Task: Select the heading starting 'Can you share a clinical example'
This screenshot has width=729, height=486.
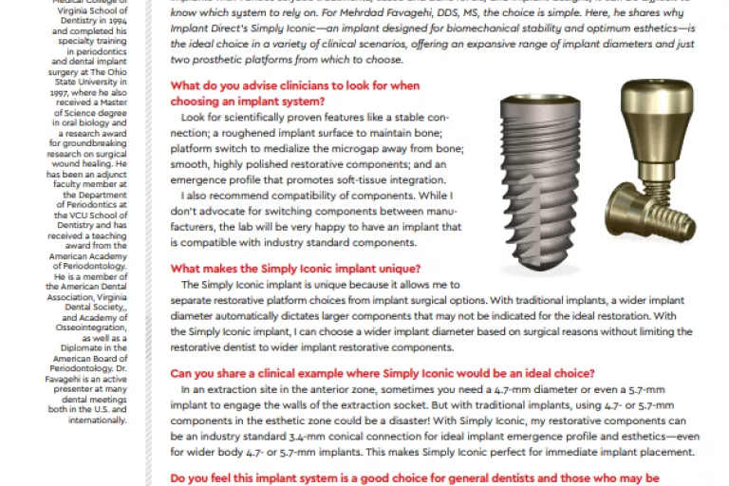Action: tap(383, 372)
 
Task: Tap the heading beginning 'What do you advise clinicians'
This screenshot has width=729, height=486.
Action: tap(294, 85)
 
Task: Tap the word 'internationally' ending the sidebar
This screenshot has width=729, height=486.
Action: tap(98, 420)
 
